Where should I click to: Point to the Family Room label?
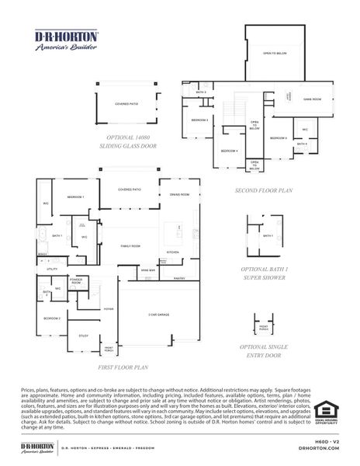point(130,245)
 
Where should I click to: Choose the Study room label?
point(83,336)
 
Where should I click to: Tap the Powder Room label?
point(76,282)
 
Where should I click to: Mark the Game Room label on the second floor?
point(311,99)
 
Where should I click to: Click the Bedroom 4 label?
point(229,151)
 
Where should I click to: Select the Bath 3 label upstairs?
point(200,92)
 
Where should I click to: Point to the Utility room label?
point(53,269)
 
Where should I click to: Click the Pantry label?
point(178,277)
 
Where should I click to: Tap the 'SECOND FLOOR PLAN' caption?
point(263,190)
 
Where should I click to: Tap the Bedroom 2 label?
point(52,318)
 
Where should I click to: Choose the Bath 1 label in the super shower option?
point(268,235)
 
